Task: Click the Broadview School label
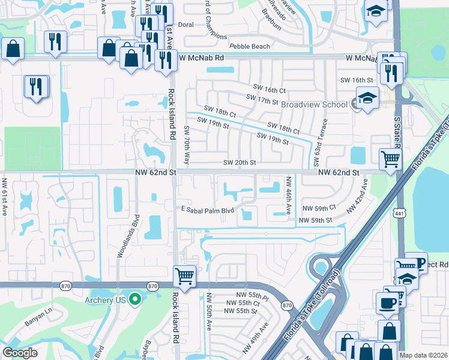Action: [x=315, y=104]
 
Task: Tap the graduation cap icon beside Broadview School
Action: [x=367, y=97]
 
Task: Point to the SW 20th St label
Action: [x=240, y=163]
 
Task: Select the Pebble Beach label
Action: [x=249, y=46]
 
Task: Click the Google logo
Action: [x=20, y=353]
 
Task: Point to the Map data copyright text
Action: [x=423, y=355]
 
